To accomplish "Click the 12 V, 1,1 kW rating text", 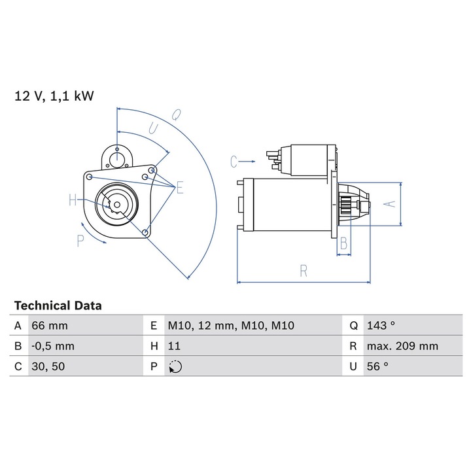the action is (x=54, y=96).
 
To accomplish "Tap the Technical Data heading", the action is (x=58, y=305).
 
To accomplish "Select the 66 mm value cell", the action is (x=50, y=326).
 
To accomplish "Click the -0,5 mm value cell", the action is (x=53, y=346).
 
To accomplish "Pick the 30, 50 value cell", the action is (x=48, y=366).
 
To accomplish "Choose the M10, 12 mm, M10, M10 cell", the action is (x=231, y=326).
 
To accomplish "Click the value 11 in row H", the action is (x=174, y=346).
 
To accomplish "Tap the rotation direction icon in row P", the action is (x=175, y=367).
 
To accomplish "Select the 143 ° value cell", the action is (x=381, y=326).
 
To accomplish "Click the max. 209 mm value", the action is (x=402, y=346).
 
